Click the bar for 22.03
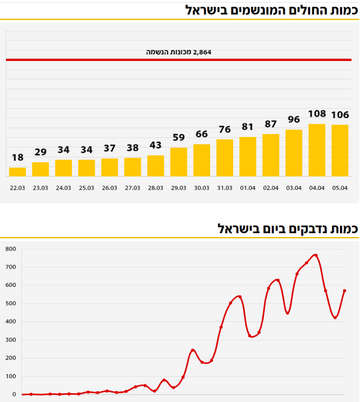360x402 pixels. [17, 172]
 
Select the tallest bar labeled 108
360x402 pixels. [317, 150]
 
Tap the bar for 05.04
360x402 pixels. [340, 150]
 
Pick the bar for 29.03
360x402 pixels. [179, 162]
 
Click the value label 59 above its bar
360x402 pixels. [179, 138]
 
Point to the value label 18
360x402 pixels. [17, 158]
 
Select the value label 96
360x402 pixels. [294, 120]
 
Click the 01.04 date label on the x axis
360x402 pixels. [248, 188]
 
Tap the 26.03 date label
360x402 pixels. [110, 188]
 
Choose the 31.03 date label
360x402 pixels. [225, 188]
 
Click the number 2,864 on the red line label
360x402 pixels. [202, 52]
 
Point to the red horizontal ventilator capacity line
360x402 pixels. [85, 60]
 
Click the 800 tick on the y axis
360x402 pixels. [11, 249]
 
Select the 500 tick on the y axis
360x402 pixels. [11, 304]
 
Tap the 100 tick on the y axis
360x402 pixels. [11, 376]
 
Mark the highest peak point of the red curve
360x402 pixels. [316, 255]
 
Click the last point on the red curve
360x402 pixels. [344, 291]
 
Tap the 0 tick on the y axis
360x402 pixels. [14, 395]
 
